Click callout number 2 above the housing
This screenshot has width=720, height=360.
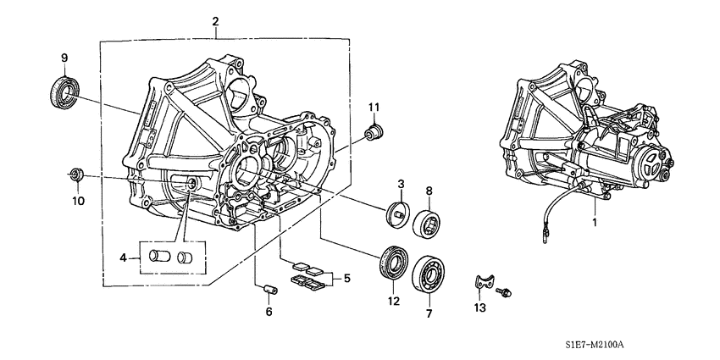click(x=216, y=21)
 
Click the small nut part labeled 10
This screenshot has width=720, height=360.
click(x=75, y=174)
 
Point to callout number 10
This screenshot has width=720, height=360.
click(x=77, y=202)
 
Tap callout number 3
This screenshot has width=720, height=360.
click(x=402, y=184)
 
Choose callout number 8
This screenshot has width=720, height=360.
click(x=429, y=191)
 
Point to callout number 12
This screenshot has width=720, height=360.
click(x=393, y=301)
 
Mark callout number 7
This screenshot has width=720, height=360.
click(x=429, y=313)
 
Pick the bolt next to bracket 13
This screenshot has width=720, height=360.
click(x=506, y=290)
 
